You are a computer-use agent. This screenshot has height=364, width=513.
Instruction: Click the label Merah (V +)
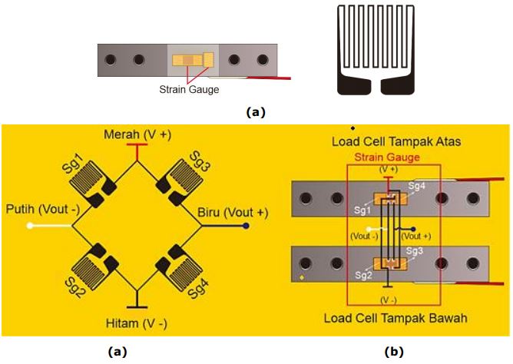point(138,135)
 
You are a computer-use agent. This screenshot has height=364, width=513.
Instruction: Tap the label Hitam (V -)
point(137,323)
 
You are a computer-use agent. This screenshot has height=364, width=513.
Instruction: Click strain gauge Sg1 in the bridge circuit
point(91,184)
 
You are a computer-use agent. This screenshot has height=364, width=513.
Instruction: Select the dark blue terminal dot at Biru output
point(246,226)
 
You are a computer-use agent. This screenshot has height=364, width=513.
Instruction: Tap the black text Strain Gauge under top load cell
point(189,89)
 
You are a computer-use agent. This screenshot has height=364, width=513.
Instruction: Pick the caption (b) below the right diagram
point(392,352)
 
